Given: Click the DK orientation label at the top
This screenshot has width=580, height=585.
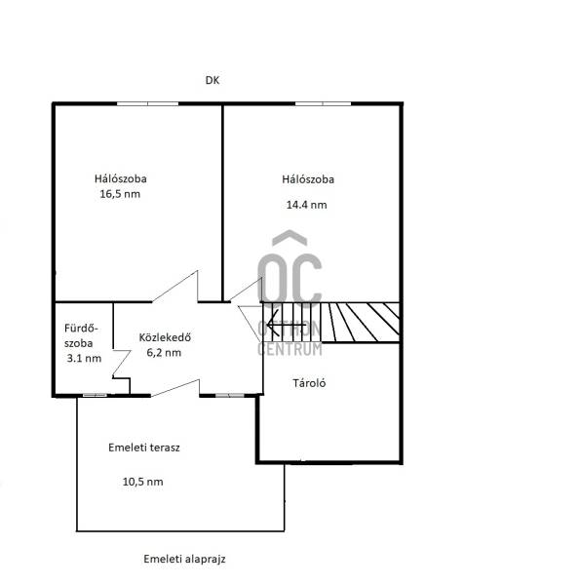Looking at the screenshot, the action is (x=213, y=80).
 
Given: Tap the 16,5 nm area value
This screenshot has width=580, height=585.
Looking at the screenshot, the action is (x=120, y=194).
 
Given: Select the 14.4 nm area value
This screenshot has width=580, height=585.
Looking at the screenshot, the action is (x=307, y=205).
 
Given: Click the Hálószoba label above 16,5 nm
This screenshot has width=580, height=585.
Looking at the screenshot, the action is (x=121, y=178).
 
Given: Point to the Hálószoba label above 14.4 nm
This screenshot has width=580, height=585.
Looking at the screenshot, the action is (x=308, y=179).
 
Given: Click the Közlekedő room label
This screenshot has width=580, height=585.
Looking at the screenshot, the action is (x=165, y=337).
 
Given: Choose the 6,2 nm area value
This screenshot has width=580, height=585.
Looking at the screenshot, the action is (x=164, y=353).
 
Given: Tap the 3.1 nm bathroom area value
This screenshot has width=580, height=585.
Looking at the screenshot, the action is (x=84, y=359).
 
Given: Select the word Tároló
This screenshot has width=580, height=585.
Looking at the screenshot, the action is (x=309, y=383).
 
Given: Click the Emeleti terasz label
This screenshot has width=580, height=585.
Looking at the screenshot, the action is (x=144, y=448).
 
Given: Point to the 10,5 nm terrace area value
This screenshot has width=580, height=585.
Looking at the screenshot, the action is (x=143, y=482).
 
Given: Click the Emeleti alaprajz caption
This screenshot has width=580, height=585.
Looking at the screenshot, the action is (x=184, y=559).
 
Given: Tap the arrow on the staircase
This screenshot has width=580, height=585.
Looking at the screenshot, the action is (x=287, y=325).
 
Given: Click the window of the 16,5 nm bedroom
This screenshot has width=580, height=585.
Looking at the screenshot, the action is (x=148, y=103).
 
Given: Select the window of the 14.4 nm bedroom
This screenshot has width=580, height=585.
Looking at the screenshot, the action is (x=323, y=103).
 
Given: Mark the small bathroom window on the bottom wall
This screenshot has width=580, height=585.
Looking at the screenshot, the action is (x=95, y=395).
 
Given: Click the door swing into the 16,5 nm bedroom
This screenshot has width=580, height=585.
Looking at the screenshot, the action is (x=175, y=286).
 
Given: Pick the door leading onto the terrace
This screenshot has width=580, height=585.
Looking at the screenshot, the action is (x=175, y=387).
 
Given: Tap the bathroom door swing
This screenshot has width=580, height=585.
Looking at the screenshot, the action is (x=122, y=364).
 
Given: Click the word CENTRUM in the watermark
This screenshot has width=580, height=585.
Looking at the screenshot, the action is (x=290, y=349).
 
